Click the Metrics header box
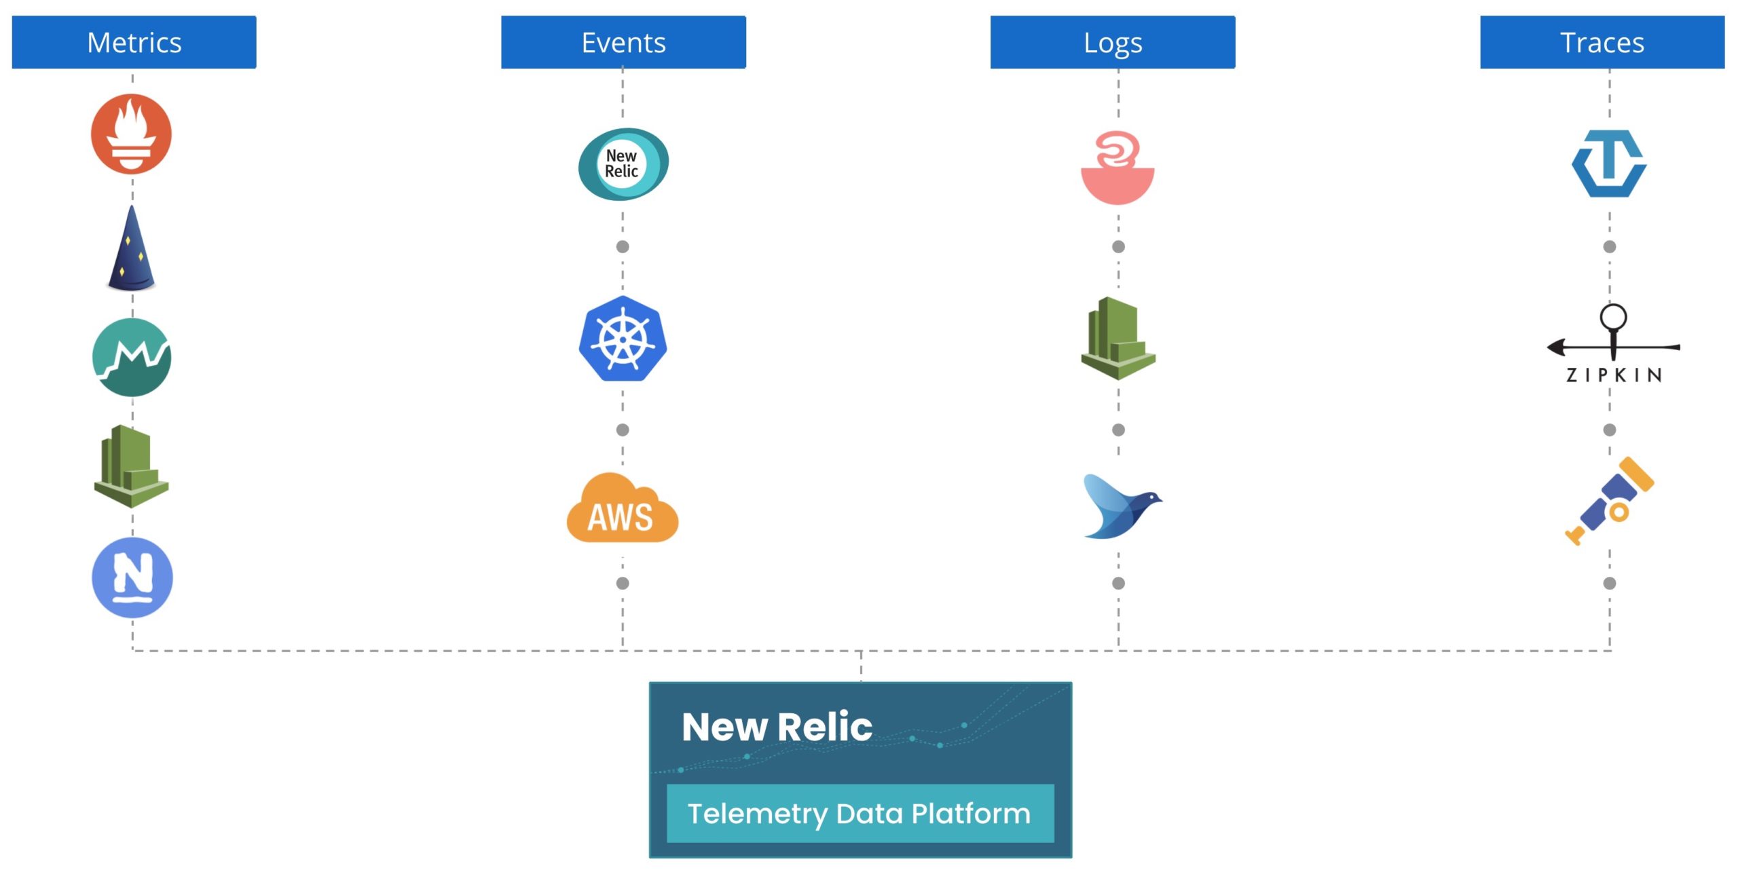[134, 42]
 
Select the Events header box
[623, 42]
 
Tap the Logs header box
[1113, 42]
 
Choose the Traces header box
[1602, 42]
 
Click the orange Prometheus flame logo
[131, 134]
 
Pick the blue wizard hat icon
[132, 250]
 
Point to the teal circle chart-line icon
[132, 357]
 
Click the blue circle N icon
[132, 578]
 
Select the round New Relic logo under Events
[623, 164]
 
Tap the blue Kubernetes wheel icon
[623, 339]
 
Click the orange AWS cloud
[622, 509]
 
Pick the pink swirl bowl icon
[1117, 168]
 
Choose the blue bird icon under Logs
[1120, 506]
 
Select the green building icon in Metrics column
[131, 466]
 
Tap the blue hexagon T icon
[1608, 164]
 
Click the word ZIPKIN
[1614, 375]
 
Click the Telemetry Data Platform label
[859, 813]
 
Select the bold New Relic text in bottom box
[777, 727]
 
